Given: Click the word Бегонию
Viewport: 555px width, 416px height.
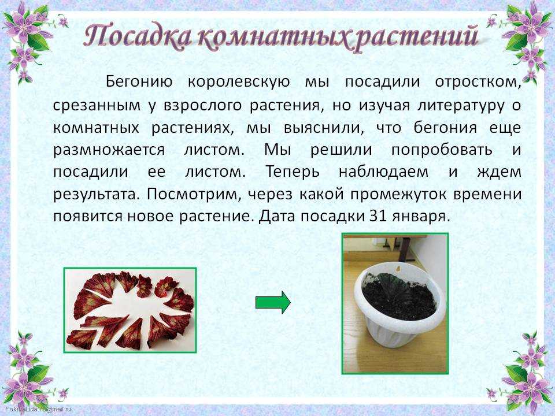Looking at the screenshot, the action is tap(139, 82).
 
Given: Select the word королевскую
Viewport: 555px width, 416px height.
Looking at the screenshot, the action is tap(239, 82).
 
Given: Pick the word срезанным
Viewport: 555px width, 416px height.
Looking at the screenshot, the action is tap(97, 106).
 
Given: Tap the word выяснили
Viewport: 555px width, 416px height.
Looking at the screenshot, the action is tap(324, 127).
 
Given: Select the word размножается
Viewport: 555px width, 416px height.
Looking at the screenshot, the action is tap(109, 150).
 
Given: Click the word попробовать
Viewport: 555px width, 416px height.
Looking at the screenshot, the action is tap(442, 150).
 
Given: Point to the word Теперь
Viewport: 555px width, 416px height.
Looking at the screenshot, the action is tap(293, 172).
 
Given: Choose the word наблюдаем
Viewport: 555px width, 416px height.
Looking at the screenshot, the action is tap(383, 172).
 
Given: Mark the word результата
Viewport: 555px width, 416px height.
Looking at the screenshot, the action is tap(97, 195).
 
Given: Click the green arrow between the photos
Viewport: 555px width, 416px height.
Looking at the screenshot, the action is tap(273, 302).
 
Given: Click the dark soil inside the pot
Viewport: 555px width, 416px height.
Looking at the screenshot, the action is tap(399, 296).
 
